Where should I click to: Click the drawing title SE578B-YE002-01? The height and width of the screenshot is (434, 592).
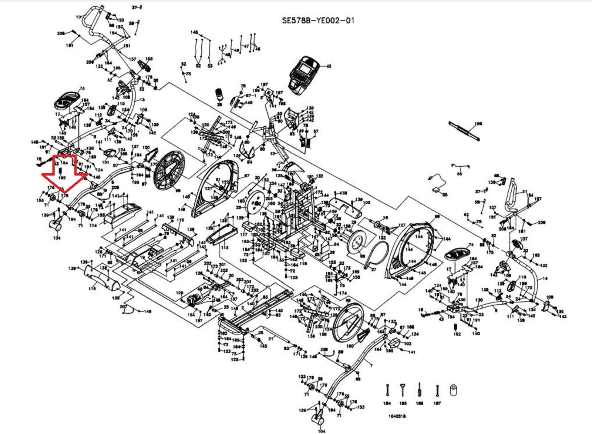318,20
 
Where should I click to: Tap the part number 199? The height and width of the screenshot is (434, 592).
478,124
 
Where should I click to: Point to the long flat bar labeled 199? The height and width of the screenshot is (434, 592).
464,131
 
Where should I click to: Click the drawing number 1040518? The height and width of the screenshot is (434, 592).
397,416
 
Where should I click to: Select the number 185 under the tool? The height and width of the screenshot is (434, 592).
403,403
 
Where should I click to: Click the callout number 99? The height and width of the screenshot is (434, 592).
178,190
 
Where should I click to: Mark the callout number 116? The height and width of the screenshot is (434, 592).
92,288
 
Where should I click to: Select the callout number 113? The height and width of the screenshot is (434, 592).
225,247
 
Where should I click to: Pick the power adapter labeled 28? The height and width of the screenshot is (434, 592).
437,190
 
